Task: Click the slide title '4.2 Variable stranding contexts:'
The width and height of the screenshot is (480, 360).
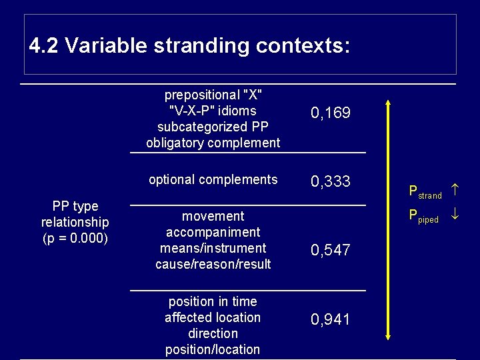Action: tap(189, 46)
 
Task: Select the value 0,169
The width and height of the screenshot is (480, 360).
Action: tap(331, 114)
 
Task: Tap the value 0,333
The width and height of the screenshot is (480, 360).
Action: tap(331, 181)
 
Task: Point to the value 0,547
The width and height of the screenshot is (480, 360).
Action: tap(331, 251)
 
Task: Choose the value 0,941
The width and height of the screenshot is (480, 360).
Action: tap(331, 320)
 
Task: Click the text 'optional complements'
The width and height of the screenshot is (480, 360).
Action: tap(213, 179)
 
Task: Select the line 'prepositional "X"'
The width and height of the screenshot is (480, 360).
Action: tap(213, 95)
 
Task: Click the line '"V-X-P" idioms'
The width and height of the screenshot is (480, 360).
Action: tap(213, 111)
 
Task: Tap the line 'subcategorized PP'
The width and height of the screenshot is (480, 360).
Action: tap(213, 127)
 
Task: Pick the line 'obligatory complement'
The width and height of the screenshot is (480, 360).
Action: tap(213, 143)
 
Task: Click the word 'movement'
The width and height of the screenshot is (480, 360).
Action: tap(213, 216)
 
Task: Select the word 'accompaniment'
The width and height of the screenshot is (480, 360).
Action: tap(213, 232)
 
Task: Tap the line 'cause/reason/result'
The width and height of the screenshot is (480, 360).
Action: tap(213, 264)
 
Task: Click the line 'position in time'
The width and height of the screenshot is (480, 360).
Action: tap(213, 301)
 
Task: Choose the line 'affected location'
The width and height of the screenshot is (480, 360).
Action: tap(213, 317)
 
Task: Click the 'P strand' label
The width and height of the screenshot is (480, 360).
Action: tap(425, 193)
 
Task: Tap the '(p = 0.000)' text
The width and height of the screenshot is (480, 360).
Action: tap(75, 237)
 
